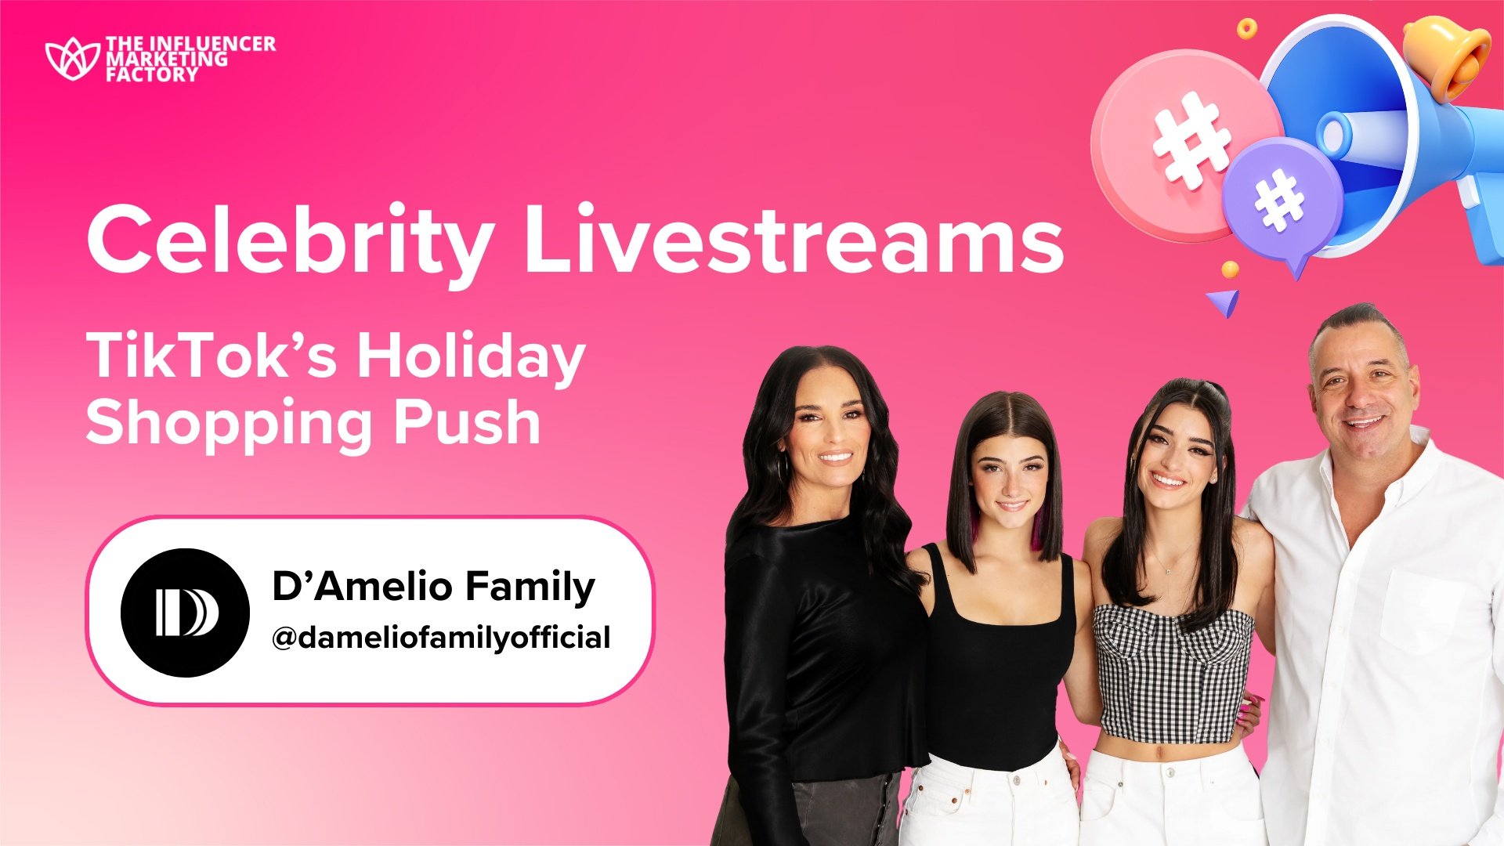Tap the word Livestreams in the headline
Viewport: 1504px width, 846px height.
click(x=794, y=235)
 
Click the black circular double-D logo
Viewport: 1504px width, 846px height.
click(x=185, y=613)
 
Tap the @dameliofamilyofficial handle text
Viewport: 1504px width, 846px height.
click(x=441, y=638)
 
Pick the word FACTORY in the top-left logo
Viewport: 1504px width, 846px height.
click(x=152, y=75)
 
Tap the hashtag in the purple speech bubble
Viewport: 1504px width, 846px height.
click(x=1280, y=199)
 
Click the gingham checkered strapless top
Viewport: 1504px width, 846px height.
click(x=1173, y=674)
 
